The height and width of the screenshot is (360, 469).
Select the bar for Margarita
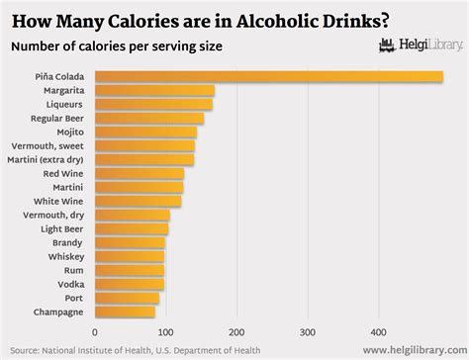point(154,90)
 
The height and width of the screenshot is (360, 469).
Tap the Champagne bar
point(124,312)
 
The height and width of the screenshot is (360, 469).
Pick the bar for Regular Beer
point(148,118)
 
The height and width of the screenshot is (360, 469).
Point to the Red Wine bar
point(139,173)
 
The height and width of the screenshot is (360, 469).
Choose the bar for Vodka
point(129,284)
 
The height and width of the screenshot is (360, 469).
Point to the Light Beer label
point(61,228)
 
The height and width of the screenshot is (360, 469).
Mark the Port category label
point(75,298)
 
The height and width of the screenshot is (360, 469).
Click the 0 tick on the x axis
point(94,332)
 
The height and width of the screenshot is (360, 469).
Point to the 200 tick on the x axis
point(236,332)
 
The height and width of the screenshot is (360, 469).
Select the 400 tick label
point(379,332)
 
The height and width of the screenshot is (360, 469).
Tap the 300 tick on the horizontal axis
point(308,332)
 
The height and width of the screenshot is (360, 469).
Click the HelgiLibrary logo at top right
point(417,45)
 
